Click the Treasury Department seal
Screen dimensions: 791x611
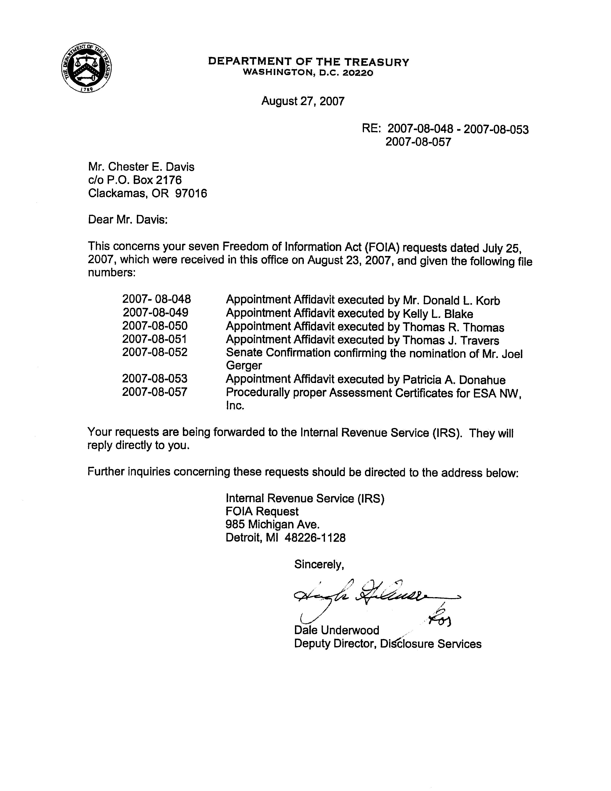coord(86,67)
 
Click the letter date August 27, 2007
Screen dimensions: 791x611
coord(303,101)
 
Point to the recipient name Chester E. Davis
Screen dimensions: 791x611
coord(151,167)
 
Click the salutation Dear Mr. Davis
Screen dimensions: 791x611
coord(128,220)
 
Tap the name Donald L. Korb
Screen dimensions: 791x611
coord(461,301)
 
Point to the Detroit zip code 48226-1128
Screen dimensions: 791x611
coord(315,537)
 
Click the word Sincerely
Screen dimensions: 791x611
coord(319,565)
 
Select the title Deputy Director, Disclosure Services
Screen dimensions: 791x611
coord(387,644)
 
